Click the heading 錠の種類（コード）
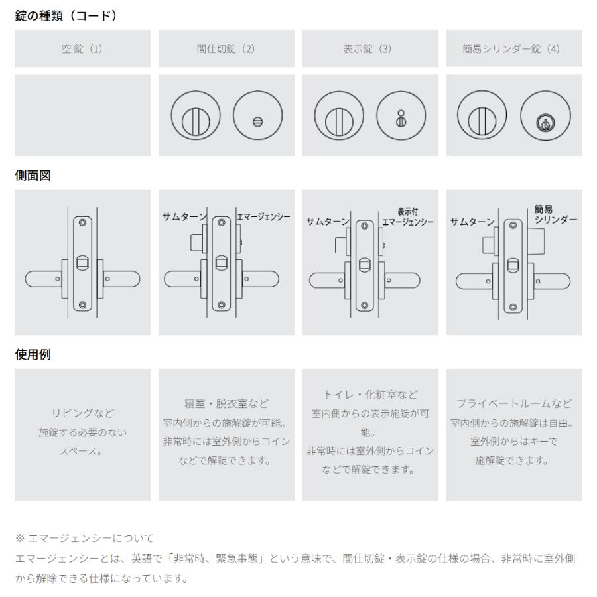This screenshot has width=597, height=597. click(66, 16)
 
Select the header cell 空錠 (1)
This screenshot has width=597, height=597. click(83, 48)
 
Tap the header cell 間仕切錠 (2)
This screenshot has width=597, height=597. click(227, 48)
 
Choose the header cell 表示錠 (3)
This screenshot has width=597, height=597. click(370, 48)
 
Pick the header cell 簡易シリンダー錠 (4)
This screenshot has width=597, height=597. click(514, 48)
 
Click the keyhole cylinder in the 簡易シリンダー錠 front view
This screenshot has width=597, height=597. click(545, 123)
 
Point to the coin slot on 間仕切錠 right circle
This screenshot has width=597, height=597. click(258, 122)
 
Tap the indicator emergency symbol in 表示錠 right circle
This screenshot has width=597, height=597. click(401, 119)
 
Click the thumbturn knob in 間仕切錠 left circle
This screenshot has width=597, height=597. click(196, 122)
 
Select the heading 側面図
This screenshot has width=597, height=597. click(33, 176)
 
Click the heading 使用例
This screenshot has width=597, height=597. click(33, 354)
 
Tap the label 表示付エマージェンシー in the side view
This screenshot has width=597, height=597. click(408, 217)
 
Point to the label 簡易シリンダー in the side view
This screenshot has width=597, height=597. click(555, 214)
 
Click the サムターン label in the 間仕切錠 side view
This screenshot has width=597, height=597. click(184, 217)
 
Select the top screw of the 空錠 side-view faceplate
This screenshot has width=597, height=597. click(82, 222)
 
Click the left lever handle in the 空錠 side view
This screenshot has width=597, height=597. click(43, 279)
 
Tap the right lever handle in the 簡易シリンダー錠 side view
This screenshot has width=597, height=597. click(552, 281)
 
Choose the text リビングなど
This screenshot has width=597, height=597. click(83, 413)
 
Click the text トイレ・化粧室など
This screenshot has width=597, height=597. click(370, 395)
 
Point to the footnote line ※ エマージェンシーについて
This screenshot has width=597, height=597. click(84, 538)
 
